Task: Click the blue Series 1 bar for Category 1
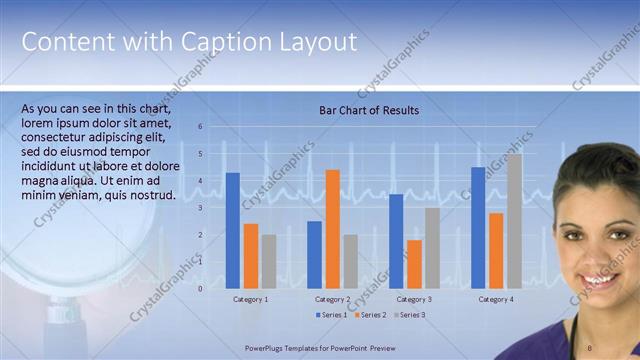pos(233,231)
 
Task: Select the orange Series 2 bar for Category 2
pos(333,229)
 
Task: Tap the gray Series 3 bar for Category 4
pos(514,221)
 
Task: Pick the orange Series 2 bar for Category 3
pos(414,264)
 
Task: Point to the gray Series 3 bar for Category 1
pos(269,261)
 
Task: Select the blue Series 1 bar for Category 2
pos(315,255)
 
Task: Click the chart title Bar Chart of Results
pos(369,110)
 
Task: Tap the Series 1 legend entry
pos(331,315)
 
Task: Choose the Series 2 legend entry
pos(369,315)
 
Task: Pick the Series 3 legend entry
pos(408,315)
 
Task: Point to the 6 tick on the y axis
pos(200,127)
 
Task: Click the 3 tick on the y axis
pos(200,208)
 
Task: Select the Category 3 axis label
pos(414,299)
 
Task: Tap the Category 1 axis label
pos(251,299)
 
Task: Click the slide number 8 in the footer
pos(590,347)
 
